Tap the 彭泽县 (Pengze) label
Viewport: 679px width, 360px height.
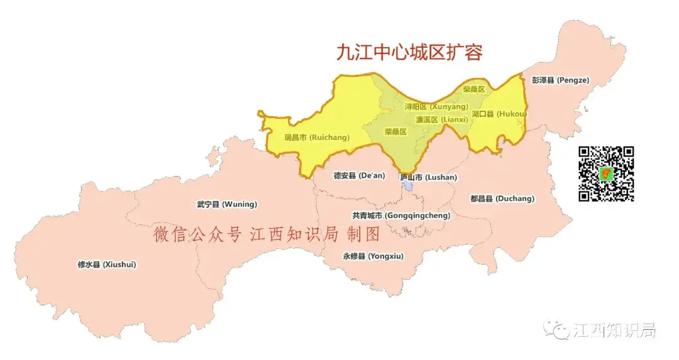pos(560,80)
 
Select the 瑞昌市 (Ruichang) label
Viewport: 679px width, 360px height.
pos(316,137)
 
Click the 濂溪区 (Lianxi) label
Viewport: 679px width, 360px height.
pos(440,119)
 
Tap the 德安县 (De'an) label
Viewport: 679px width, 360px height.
pos(359,176)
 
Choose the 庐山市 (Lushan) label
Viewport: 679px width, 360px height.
pos(428,177)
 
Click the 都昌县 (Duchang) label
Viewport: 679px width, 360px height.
pos(502,199)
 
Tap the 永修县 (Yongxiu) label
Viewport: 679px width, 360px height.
pos(373,256)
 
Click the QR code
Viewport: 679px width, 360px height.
pos(606,173)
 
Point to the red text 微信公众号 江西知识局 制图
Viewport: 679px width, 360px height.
pos(267,236)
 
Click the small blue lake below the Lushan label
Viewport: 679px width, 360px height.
pos(409,187)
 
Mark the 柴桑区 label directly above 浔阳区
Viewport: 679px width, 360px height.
pos(474,90)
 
